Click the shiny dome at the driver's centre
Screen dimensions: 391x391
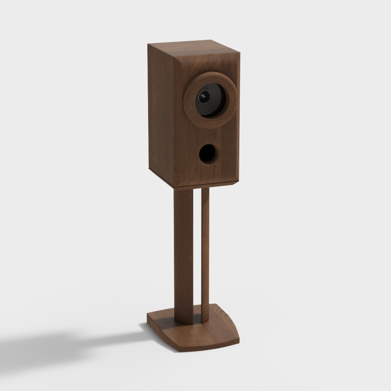coord(203,96)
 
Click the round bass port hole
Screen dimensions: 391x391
coord(207,154)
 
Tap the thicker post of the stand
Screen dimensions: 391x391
coord(183,254)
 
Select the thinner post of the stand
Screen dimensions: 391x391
coord(205,254)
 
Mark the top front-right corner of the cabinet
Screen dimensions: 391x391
coord(239,53)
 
